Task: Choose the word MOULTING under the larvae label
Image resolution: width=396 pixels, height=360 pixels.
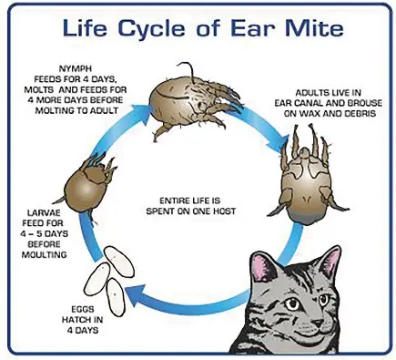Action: (36, 255)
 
